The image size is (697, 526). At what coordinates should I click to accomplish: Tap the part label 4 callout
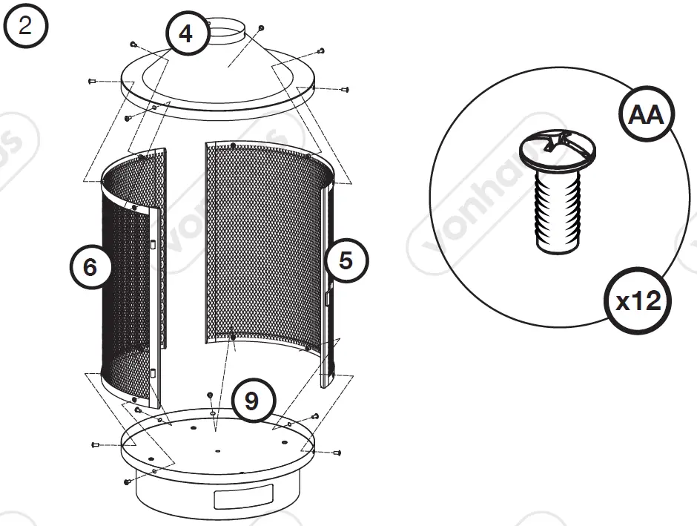(186, 35)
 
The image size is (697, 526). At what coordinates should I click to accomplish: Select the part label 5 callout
(346, 260)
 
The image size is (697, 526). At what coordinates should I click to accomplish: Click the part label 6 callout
(90, 266)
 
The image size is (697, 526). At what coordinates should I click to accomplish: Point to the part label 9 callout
(252, 401)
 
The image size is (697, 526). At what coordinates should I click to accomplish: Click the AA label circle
(644, 116)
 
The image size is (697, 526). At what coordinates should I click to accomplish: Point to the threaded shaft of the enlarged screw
(557, 211)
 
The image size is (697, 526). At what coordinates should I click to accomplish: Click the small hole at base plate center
(218, 450)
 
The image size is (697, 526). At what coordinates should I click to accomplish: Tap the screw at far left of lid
(93, 79)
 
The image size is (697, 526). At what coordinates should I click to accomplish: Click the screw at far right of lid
(344, 89)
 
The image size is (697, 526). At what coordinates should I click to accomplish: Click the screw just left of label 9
(211, 395)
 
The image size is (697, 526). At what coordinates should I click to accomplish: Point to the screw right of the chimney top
(262, 27)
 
